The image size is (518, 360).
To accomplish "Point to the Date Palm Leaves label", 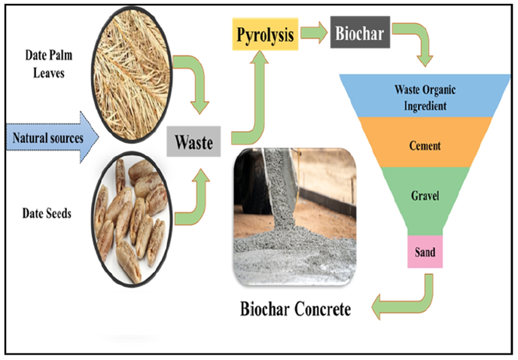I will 50,64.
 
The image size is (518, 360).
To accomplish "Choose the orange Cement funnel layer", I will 426,143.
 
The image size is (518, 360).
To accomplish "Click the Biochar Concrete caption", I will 295,309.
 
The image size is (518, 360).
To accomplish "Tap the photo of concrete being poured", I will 295,218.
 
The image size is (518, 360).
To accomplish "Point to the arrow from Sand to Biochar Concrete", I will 407,301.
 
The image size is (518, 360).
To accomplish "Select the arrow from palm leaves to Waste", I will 194,83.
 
